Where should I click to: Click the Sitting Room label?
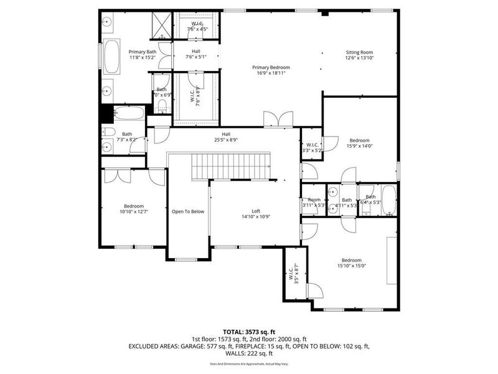point(359,55)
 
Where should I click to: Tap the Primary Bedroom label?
point(271,70)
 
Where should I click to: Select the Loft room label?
point(256,214)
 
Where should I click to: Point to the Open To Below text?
point(188,211)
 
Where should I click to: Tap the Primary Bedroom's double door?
point(277,119)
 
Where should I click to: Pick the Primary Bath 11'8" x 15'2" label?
point(143,55)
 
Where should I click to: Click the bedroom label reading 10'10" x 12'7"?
point(134,209)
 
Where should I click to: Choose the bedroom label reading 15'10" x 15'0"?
point(351,263)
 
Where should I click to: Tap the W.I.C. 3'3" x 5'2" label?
point(312,148)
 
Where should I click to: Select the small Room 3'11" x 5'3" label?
point(313,203)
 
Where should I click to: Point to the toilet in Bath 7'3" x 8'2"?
point(109,132)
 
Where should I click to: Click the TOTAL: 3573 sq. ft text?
point(248,332)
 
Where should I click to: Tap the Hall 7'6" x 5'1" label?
point(196,54)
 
